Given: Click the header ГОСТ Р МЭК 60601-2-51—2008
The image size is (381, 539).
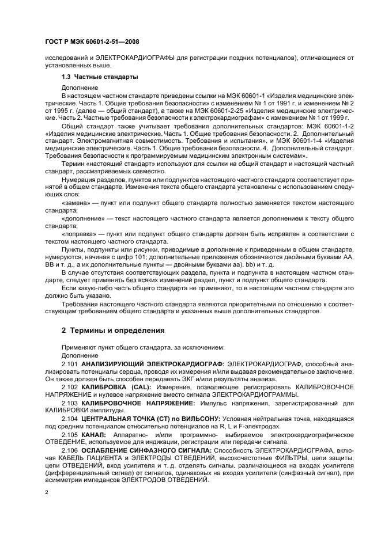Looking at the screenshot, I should pos(86,42).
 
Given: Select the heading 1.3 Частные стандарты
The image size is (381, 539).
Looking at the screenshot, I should pos(99,77).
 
